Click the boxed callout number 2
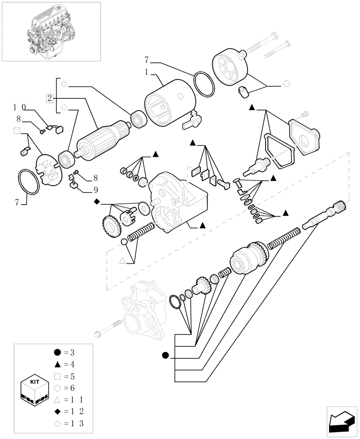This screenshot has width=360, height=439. [50, 97]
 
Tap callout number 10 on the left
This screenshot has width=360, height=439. [20, 107]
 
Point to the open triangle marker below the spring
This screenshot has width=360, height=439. [123, 261]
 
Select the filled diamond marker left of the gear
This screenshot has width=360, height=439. [97, 202]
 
